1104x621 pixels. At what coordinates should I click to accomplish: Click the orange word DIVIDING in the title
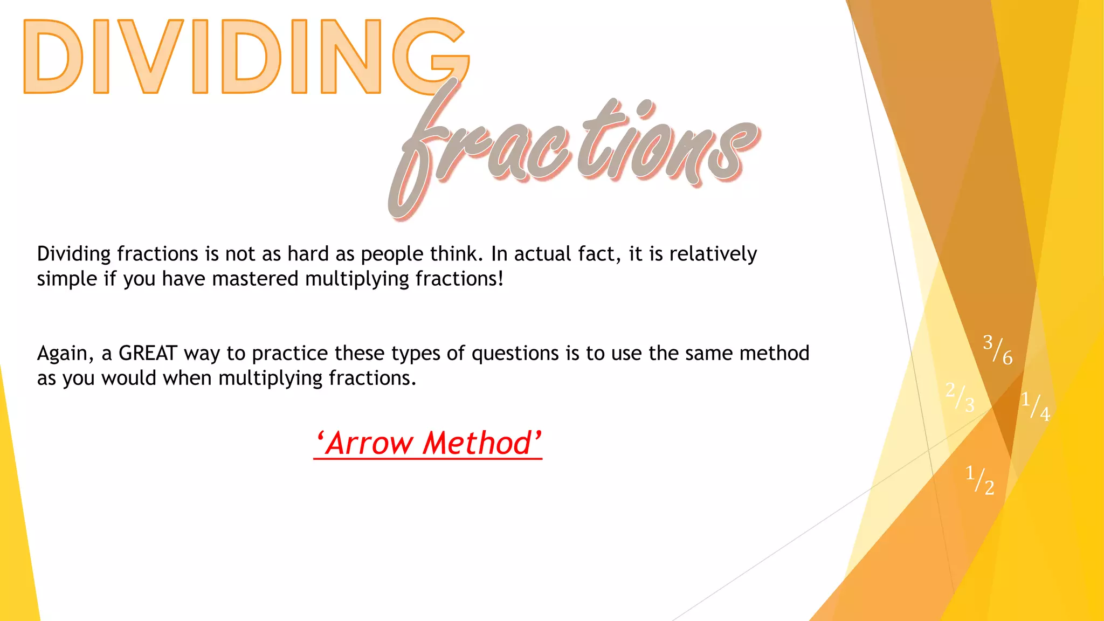tap(245, 57)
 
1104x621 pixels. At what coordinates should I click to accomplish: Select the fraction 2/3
tap(960, 397)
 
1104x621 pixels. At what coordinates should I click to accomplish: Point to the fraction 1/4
tap(1036, 406)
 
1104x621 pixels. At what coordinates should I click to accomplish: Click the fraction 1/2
tap(979, 480)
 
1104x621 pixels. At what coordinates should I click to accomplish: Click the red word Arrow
tap(370, 444)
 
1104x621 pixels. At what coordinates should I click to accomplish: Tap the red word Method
tap(477, 444)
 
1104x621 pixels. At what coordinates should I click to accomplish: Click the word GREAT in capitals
tap(148, 354)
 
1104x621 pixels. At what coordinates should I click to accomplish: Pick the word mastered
tap(255, 279)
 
